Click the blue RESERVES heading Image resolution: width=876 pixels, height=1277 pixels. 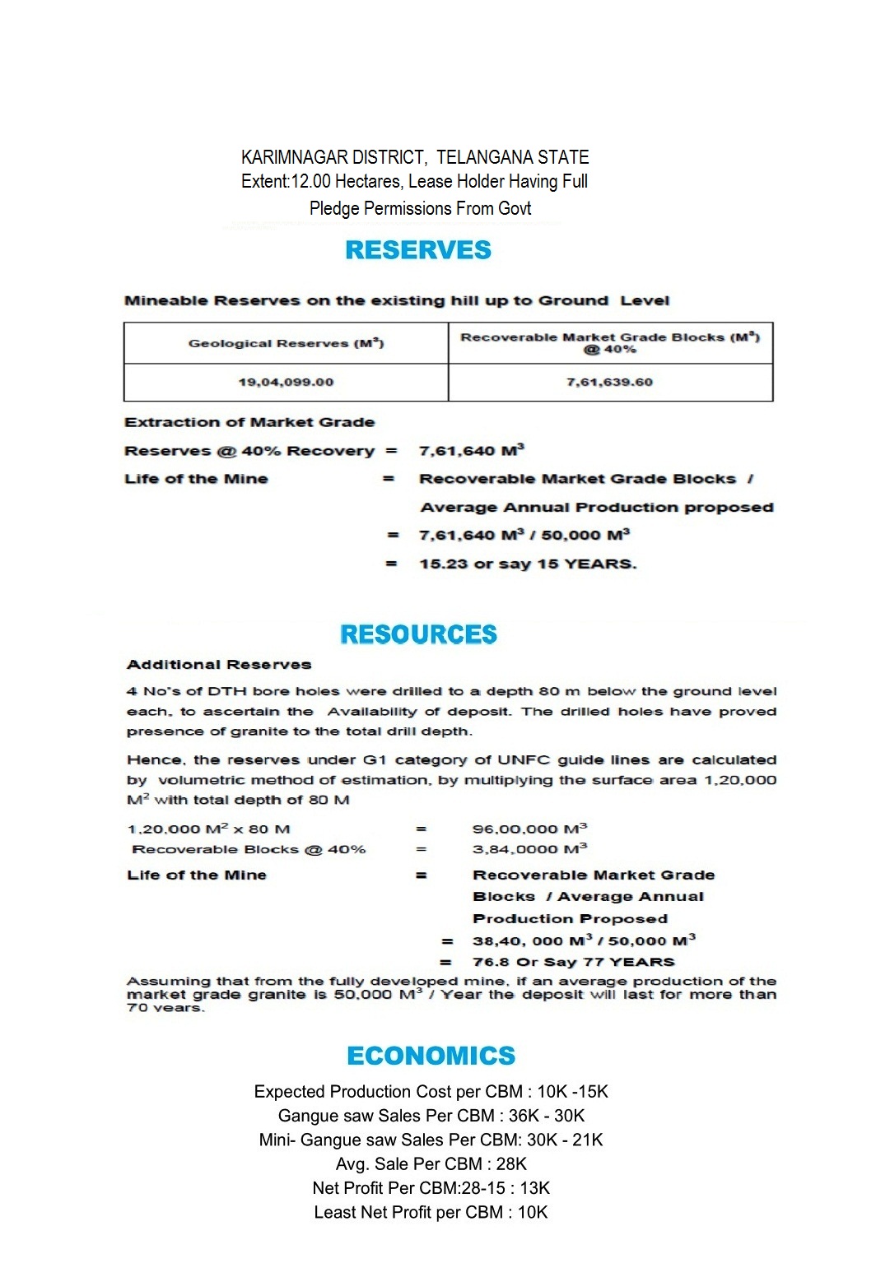point(418,250)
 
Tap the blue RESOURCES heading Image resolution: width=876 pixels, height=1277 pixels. point(418,634)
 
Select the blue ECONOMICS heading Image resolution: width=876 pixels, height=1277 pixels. point(431,1056)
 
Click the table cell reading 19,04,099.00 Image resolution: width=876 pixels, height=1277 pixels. point(286,382)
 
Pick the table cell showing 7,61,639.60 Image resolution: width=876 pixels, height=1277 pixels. point(609,382)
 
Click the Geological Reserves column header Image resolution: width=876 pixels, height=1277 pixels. point(286,343)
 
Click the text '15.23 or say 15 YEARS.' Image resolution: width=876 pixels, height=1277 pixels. point(528,564)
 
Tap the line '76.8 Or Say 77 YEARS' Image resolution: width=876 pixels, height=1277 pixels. point(573,962)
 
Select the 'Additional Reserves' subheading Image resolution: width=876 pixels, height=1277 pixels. point(219,665)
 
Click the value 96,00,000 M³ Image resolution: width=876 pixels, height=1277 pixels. point(529,829)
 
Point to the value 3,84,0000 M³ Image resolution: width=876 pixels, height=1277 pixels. point(529,848)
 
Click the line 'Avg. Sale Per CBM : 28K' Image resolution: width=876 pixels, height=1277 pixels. point(431,1163)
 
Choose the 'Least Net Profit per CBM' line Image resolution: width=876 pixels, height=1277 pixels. point(431,1212)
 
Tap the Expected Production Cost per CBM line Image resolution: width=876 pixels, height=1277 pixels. point(431,1092)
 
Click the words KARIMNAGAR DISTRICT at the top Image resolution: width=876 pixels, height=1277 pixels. point(333,157)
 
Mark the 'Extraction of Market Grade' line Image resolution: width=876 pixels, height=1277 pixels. point(249,422)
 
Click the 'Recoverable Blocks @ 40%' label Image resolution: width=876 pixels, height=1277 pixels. point(249,849)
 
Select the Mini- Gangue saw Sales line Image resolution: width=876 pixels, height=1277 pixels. point(431,1140)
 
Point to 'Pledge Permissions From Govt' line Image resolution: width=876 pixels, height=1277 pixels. point(420,208)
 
